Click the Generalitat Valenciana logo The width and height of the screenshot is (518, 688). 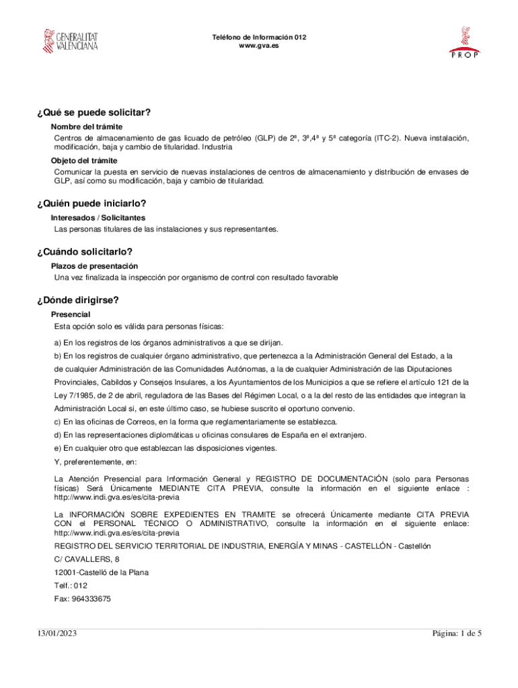click(x=71, y=41)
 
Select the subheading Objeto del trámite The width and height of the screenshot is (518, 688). click(x=84, y=161)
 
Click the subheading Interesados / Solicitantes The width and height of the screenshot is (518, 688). click(x=98, y=218)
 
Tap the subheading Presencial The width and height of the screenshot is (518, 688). click(x=71, y=314)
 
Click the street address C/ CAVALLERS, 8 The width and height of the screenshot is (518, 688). click(x=87, y=559)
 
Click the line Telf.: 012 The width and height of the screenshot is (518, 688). click(x=71, y=585)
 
